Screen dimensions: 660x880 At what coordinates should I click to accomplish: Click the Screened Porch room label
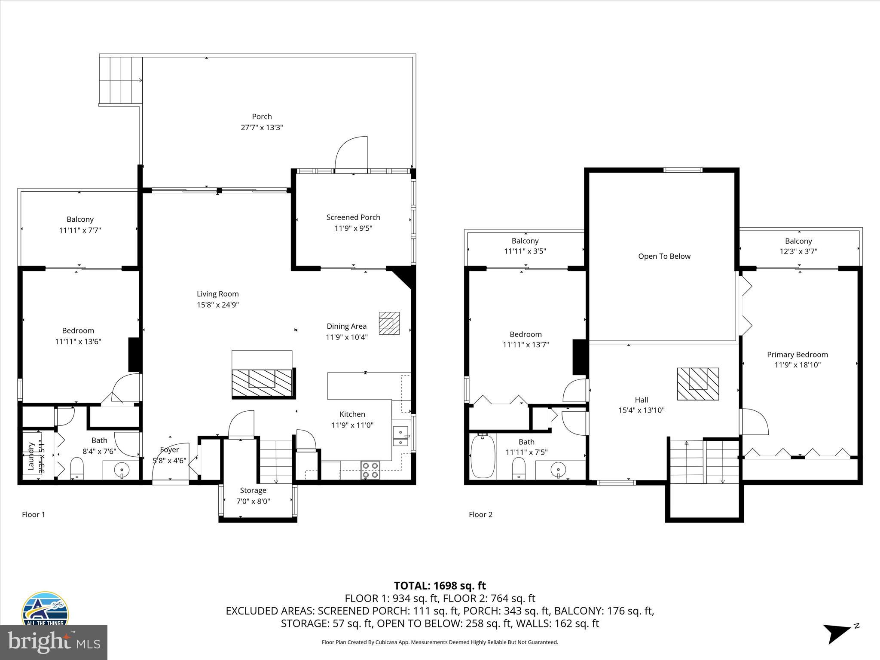click(353, 217)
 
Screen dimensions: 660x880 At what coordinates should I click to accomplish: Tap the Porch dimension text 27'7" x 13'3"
click(262, 128)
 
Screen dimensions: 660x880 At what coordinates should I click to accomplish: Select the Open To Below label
click(664, 257)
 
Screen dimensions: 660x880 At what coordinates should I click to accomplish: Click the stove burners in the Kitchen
click(370, 470)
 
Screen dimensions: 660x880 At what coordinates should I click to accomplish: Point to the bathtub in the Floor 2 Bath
click(483, 456)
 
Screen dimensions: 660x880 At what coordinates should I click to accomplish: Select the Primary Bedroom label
click(797, 354)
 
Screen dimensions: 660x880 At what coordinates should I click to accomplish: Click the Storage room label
click(253, 490)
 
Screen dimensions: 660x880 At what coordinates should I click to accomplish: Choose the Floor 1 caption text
click(34, 514)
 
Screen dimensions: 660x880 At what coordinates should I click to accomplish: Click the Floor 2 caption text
click(480, 514)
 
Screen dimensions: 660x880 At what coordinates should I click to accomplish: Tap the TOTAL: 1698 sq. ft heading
click(440, 586)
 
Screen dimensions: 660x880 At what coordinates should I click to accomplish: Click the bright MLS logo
click(54, 642)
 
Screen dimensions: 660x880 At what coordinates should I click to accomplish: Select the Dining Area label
click(346, 326)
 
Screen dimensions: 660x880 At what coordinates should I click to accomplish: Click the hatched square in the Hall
click(698, 384)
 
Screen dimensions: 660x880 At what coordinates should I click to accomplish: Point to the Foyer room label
click(169, 450)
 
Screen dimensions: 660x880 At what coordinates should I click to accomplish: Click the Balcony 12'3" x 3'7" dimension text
click(798, 251)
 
